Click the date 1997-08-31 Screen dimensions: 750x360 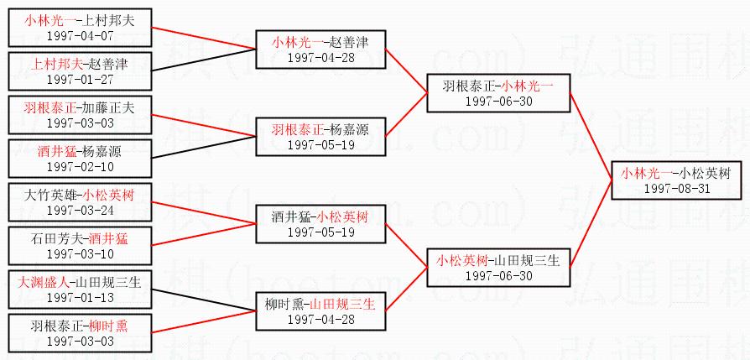pyautogui.click(x=676, y=188)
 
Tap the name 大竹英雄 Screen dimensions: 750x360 pyautogui.click(x=49, y=195)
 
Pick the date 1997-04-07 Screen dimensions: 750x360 pyautogui.click(x=80, y=35)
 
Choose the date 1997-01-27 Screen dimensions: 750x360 pyautogui.click(x=80, y=79)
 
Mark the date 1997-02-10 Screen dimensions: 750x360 pyautogui.click(x=80, y=167)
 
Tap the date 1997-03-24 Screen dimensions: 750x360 pyautogui.click(x=80, y=210)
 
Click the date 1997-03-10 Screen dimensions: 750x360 pyautogui.click(x=80, y=253)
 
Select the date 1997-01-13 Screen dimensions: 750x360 pyautogui.click(x=80, y=297)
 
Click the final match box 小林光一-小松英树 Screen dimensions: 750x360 pyautogui.click(x=676, y=180)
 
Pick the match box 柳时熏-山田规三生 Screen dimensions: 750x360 pyautogui.click(x=320, y=310)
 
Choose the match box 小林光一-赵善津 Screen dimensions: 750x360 pyautogui.click(x=320, y=49)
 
